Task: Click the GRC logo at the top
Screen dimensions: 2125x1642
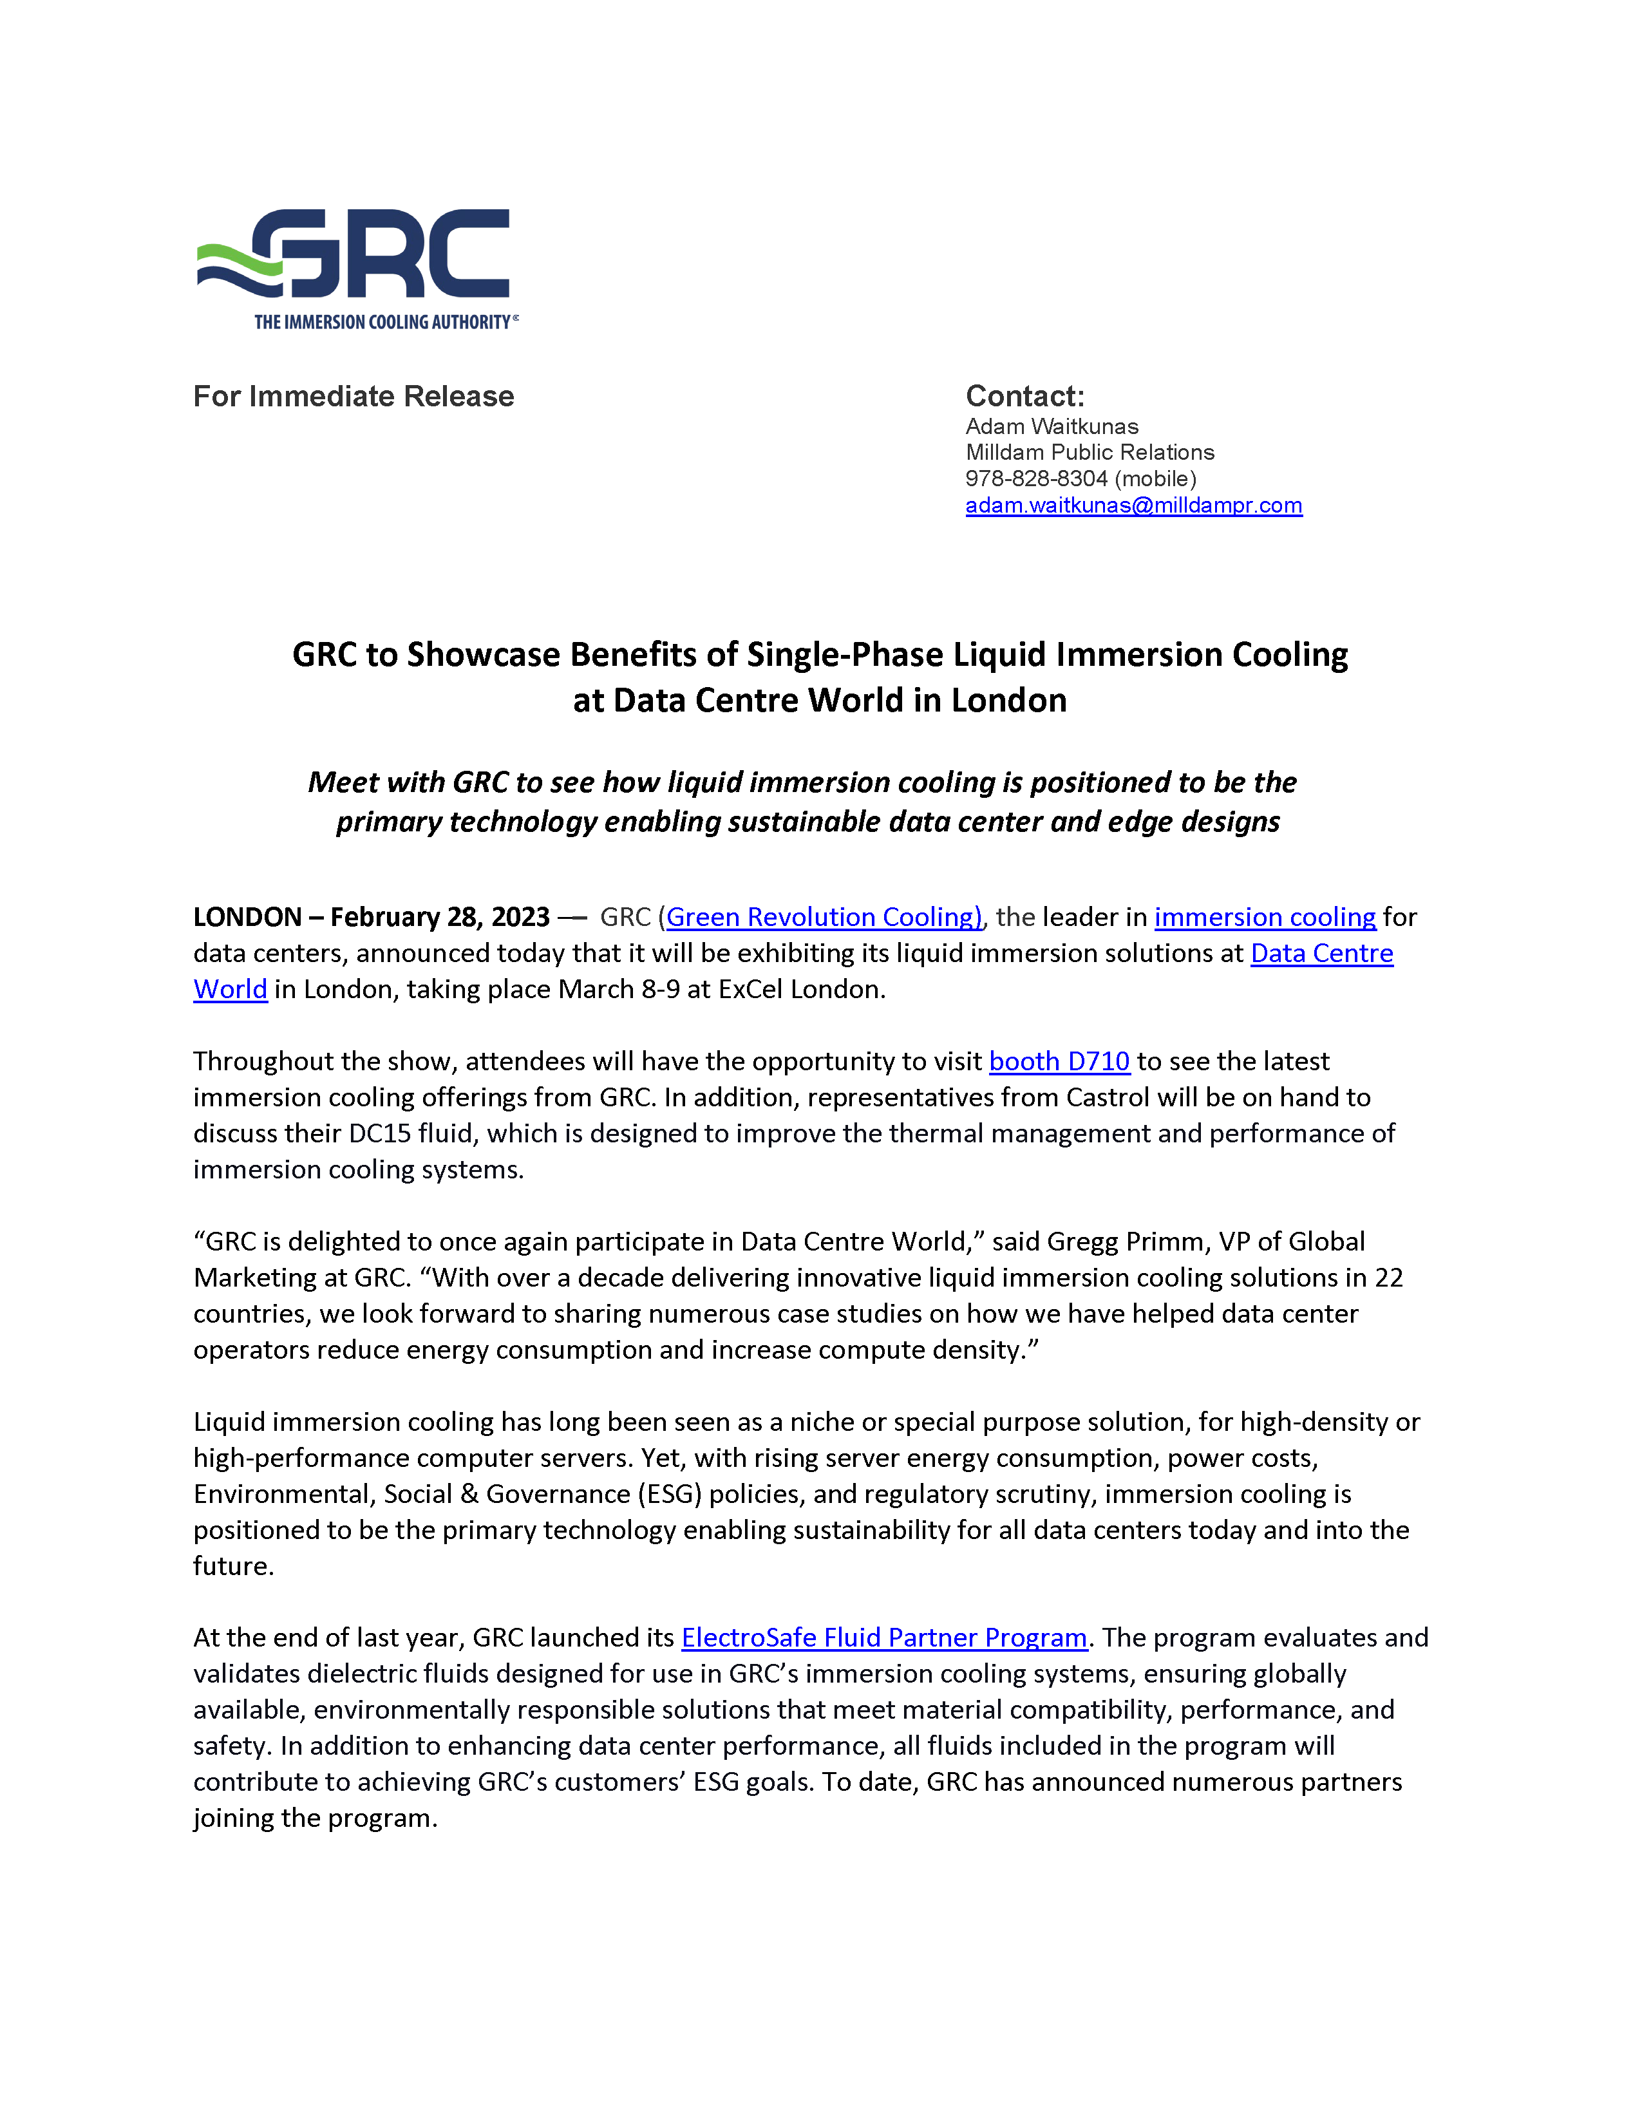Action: (356, 255)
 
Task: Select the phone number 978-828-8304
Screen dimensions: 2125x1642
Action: (1036, 478)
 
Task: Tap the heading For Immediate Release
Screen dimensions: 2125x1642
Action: (353, 396)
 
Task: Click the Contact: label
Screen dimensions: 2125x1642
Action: (1024, 396)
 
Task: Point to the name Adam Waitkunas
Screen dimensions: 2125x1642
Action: (1052, 426)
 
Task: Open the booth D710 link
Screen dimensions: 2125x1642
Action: (1059, 1061)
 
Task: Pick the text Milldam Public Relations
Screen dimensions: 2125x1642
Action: (1090, 453)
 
